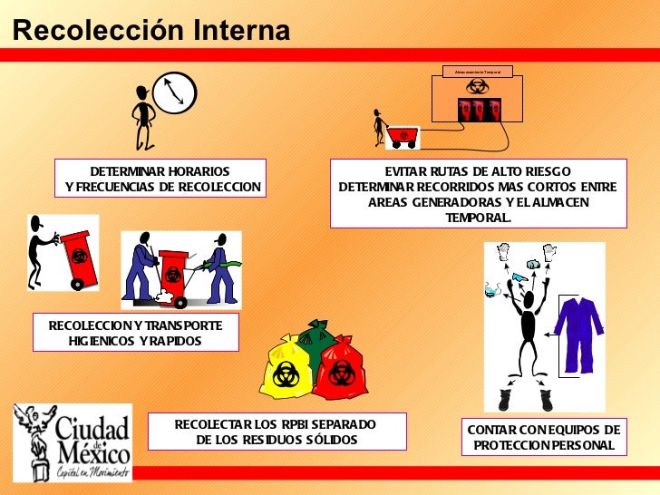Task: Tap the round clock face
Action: point(173,93)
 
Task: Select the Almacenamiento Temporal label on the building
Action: point(478,71)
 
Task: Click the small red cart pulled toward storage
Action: point(402,136)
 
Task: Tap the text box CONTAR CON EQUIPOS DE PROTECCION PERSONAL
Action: point(543,437)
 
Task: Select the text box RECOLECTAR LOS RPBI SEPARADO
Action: point(277,432)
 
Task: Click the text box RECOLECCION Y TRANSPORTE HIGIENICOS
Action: point(136,333)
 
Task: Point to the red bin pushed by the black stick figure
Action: point(79,257)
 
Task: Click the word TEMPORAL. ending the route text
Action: point(478,218)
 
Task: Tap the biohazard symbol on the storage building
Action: point(477,87)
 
